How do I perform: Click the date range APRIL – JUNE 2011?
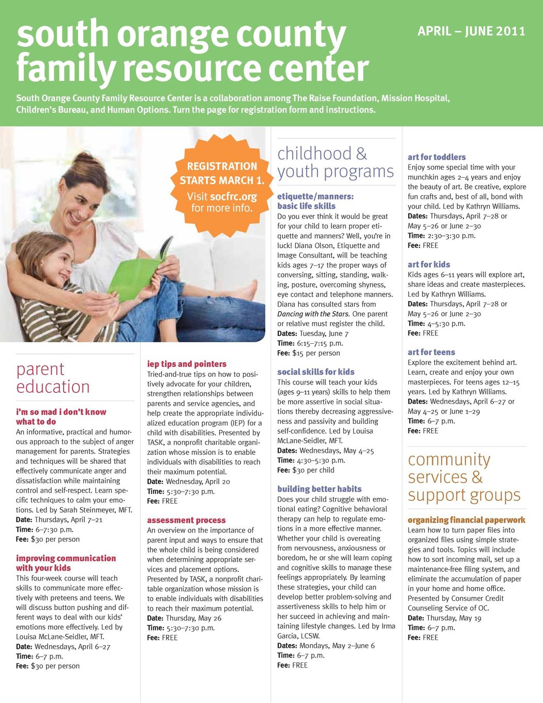tap(471, 32)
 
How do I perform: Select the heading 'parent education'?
tap(53, 378)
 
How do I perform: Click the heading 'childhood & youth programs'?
tap(336, 162)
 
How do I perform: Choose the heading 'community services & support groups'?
tap(464, 477)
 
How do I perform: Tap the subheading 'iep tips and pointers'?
tap(187, 364)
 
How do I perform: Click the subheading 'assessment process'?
tap(186, 521)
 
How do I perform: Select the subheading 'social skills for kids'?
tap(315, 372)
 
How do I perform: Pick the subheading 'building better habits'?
tap(319, 489)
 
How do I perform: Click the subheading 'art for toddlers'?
tap(436, 157)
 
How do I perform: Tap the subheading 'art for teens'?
tap(431, 353)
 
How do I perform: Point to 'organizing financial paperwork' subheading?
tap(466, 520)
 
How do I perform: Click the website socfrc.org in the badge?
tap(233, 197)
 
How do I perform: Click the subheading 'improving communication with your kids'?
tap(66, 563)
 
